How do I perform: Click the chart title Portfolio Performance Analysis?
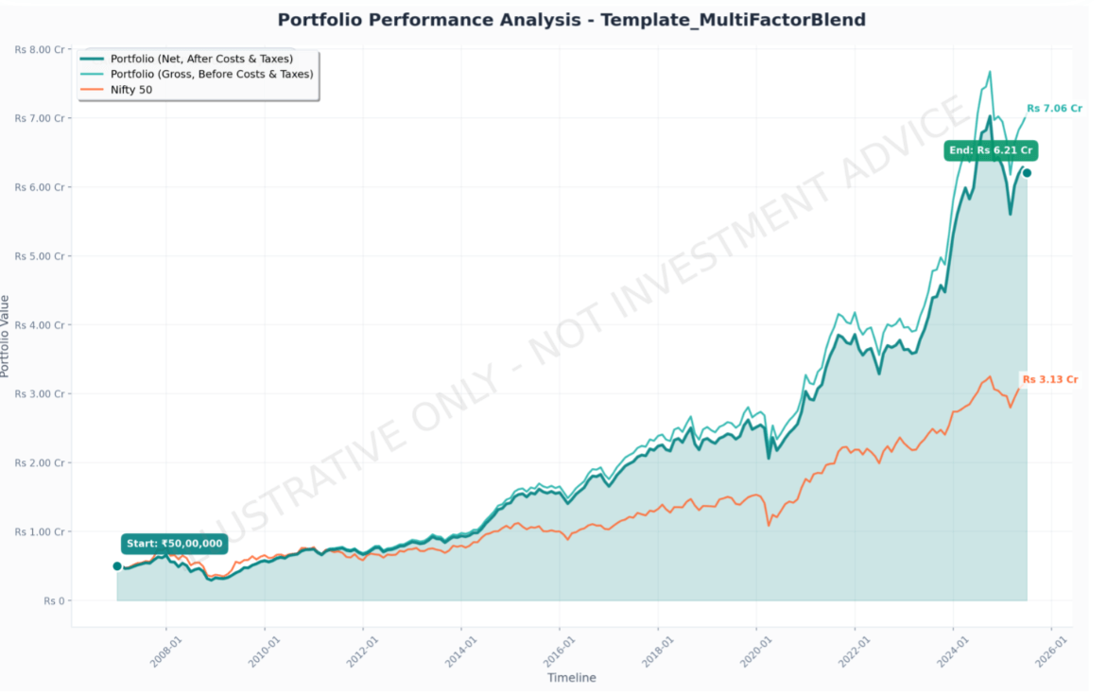571,20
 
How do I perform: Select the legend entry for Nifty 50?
131,90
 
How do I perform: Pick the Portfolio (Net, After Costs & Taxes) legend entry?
201,59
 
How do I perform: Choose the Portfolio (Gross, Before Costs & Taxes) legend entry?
211,74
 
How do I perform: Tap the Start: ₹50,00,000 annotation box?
174,544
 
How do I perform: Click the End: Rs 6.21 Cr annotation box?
990,150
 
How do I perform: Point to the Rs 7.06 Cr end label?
1052,109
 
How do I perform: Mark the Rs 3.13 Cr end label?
1049,379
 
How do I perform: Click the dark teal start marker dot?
117,566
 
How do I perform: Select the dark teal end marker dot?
1027,173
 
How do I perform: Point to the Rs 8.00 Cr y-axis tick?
40,49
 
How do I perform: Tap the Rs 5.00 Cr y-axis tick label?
40,256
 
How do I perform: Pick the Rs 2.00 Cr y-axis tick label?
40,463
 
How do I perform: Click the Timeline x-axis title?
571,677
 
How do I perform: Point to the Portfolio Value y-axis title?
7,336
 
